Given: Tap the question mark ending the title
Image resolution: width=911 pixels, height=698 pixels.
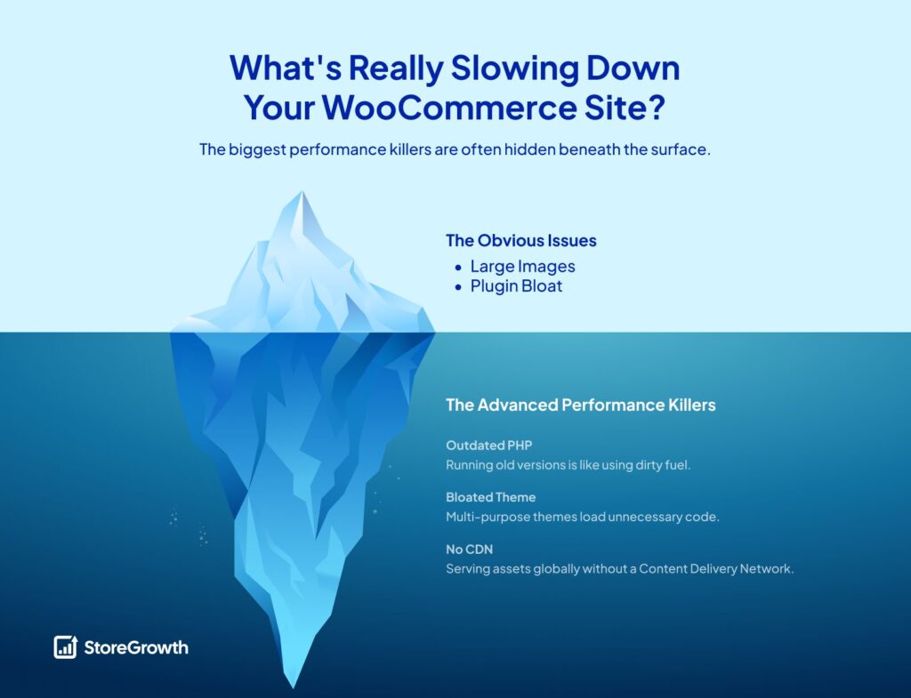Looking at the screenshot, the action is [x=657, y=108].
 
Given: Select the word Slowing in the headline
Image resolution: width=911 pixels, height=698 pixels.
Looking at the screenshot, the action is [x=514, y=69].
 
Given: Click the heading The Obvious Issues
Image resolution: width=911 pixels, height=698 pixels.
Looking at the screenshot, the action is [x=521, y=240].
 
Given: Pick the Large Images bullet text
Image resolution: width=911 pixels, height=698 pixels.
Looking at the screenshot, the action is [x=522, y=267].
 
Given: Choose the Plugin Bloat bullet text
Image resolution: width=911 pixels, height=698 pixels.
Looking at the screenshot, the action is [x=516, y=286].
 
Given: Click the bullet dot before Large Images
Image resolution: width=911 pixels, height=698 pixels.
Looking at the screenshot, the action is [x=458, y=268].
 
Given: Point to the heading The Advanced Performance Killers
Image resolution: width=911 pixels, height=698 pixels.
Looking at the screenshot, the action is [x=580, y=405].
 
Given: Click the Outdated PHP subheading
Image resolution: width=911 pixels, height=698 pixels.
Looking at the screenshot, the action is [x=488, y=445].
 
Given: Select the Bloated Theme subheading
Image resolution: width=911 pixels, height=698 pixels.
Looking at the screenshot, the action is [x=490, y=497].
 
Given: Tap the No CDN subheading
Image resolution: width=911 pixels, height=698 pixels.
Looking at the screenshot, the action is [x=469, y=550].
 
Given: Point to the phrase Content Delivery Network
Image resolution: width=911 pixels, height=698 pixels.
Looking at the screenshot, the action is [x=716, y=568].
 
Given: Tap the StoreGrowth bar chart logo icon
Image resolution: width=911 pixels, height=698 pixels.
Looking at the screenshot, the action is [x=66, y=647].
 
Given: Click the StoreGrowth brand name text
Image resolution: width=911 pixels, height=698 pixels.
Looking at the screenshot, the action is [x=136, y=647].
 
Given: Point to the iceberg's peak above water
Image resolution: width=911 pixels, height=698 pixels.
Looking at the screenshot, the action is [x=302, y=193].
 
